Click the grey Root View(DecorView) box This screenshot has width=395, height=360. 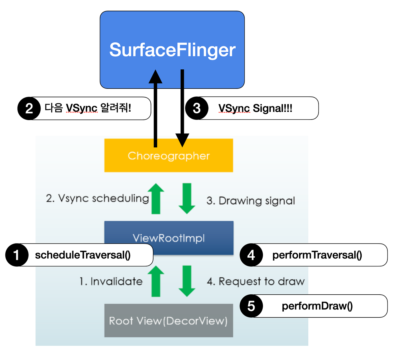click(168, 321)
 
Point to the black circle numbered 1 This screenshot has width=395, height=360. click(17, 255)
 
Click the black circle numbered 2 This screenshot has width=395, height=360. click(29, 109)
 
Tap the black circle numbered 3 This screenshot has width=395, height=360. click(197, 108)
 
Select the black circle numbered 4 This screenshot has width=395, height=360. click(251, 255)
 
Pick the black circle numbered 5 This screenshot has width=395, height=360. click(251, 306)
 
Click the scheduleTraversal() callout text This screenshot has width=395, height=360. click(83, 255)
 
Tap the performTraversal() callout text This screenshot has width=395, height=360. click(317, 255)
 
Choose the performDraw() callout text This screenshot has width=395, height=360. click(317, 306)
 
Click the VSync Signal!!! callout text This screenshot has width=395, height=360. click(255, 108)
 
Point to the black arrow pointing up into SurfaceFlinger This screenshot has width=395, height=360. click(155, 109)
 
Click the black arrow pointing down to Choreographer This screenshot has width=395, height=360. click(182, 109)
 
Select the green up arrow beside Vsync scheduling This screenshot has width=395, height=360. click(156, 198)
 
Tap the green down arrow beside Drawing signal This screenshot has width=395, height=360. click(187, 198)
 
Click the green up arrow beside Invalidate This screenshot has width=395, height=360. click(156, 281)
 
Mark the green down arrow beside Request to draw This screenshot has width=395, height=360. click(187, 281)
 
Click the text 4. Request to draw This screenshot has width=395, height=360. click(256, 281)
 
